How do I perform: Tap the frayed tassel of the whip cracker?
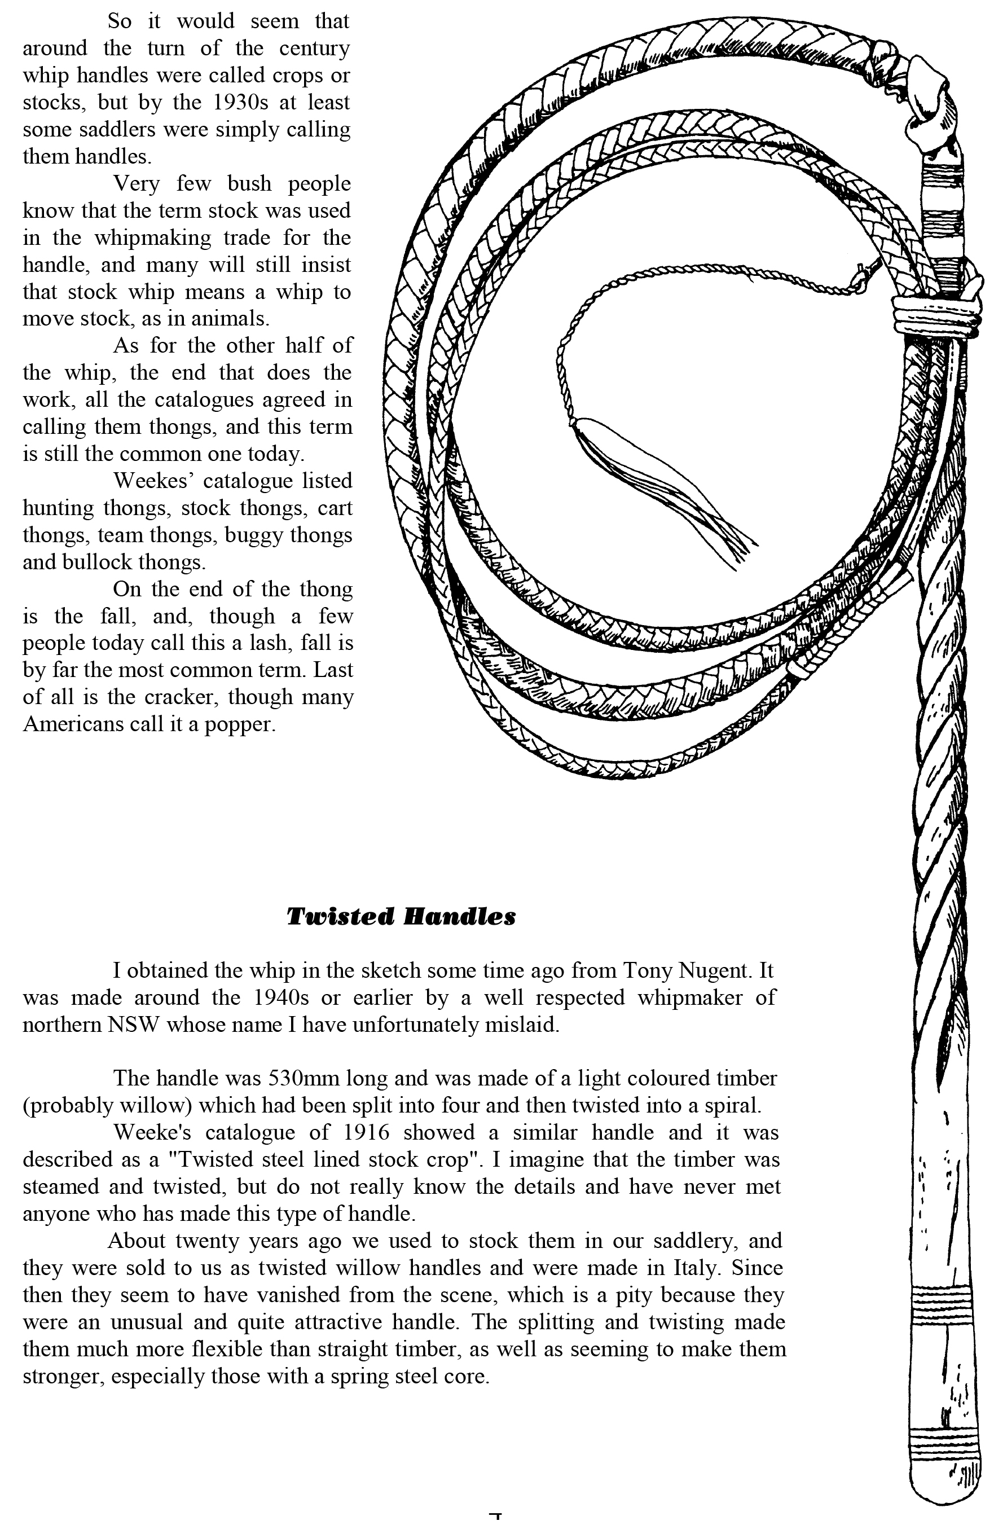coord(709,516)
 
